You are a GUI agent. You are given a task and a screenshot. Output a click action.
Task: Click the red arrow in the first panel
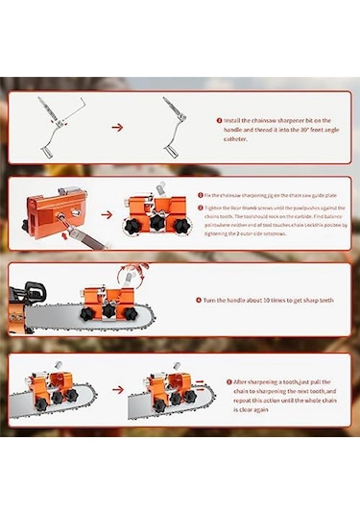tap(119, 126)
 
